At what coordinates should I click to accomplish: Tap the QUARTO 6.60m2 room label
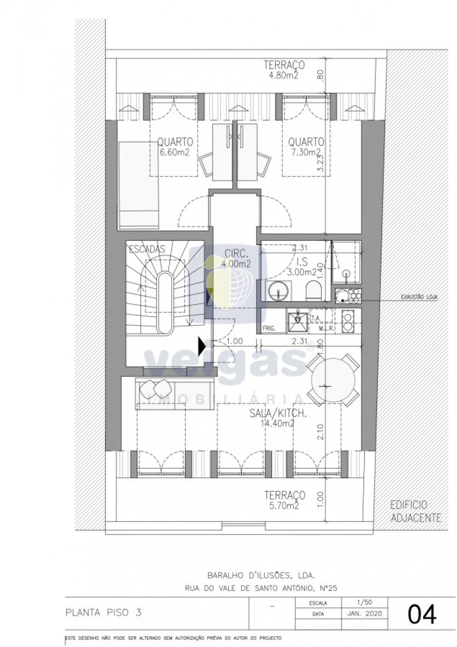point(175,147)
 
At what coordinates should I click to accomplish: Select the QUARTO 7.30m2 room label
point(306,147)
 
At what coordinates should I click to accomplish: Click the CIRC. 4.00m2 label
point(236,259)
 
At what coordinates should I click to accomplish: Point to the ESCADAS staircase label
point(147,249)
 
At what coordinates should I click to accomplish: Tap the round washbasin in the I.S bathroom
point(278,290)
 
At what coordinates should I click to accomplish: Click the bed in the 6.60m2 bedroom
point(139,185)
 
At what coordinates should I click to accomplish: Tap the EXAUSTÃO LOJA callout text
point(419,297)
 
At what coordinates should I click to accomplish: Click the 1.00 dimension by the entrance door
point(235,341)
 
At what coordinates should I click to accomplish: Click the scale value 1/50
point(364,602)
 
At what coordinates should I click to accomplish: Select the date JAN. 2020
point(364,613)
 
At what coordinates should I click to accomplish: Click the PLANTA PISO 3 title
point(104,613)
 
